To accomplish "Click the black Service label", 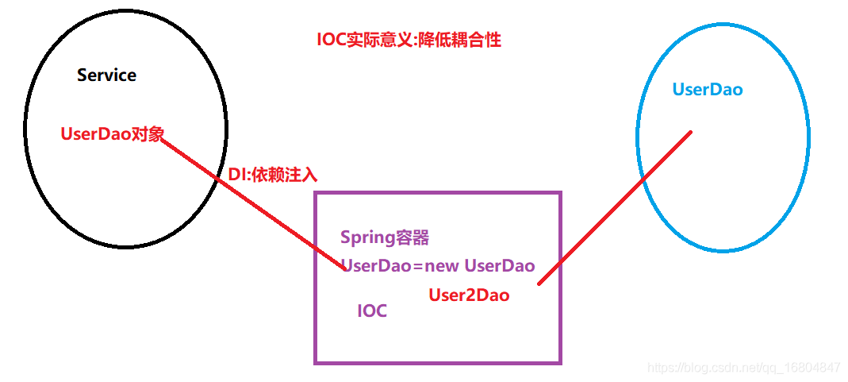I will coord(106,75).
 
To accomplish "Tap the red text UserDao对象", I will coord(112,134).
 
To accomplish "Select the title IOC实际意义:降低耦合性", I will coord(409,40).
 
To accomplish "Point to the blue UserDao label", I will coord(707,90).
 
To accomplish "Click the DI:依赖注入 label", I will coord(272,175).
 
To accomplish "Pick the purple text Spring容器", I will coord(385,237).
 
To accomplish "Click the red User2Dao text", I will coord(469,295).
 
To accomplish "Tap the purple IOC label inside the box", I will coord(372,311).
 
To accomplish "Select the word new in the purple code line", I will coord(442,266).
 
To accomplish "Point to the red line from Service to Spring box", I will coord(254,203).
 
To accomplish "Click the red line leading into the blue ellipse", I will coord(615,206).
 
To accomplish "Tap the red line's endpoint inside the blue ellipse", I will coord(691,131).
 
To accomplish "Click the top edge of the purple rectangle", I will coord(438,192).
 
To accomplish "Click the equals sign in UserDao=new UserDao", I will coord(418,267).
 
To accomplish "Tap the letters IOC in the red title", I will coord(331,40).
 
